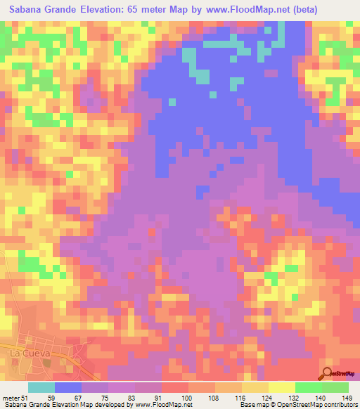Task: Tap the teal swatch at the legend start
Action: (41, 387)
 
